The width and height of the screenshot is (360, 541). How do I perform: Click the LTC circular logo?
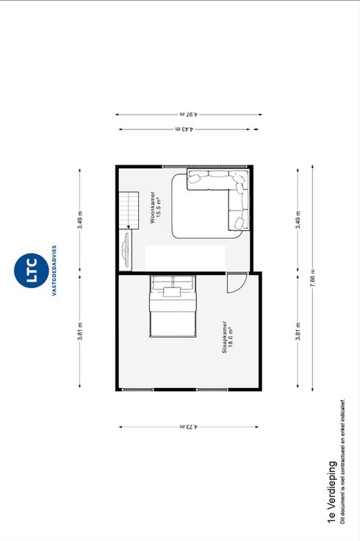point(31,270)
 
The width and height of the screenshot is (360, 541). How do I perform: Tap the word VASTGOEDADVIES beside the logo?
point(54,270)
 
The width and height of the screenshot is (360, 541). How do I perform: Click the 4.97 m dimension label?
point(189,114)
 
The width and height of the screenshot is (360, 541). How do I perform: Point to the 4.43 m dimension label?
point(185,129)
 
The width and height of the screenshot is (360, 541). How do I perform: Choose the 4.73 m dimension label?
point(189,427)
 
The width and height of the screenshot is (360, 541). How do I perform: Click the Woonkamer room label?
point(153,208)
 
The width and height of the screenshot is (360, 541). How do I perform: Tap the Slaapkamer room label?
point(225,337)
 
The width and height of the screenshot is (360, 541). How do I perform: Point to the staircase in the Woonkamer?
point(129,210)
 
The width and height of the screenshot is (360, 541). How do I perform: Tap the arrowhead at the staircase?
point(129,226)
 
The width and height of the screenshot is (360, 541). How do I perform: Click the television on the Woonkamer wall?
point(126,249)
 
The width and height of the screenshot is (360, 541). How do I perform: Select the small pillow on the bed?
point(172,293)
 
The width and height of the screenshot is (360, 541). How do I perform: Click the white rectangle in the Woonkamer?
point(185,258)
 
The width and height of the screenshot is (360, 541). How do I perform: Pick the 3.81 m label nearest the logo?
point(79,332)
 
